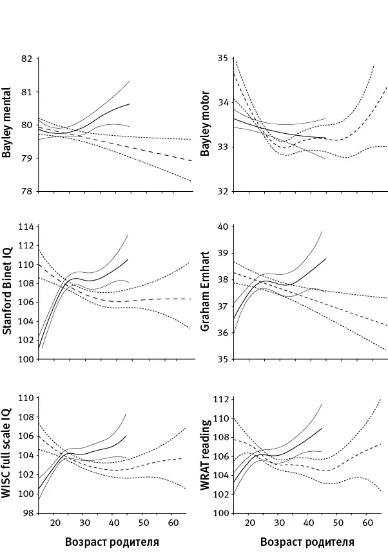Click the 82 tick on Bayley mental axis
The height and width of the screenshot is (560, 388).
(26, 58)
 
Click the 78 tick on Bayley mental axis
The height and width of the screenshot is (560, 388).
(26, 191)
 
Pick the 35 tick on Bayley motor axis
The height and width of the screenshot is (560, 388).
(222, 58)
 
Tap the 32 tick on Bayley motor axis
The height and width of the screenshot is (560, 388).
(222, 191)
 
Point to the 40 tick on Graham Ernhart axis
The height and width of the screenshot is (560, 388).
(222, 227)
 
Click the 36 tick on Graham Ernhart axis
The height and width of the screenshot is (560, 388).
(222, 333)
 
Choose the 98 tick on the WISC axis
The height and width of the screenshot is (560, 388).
(26, 513)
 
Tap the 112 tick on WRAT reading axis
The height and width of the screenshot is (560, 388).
(220, 399)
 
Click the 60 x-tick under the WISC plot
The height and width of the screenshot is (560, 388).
(172, 523)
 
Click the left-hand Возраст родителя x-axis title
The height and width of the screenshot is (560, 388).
(112, 542)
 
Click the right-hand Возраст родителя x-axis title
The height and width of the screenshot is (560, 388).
(307, 542)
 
